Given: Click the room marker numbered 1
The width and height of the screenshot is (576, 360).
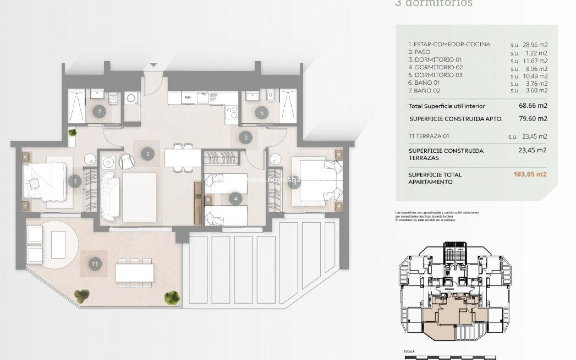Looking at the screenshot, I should tap(148, 154).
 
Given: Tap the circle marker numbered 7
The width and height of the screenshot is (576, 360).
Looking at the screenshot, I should tap(99, 112).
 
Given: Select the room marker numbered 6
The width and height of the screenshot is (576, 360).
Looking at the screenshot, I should tap(262, 113).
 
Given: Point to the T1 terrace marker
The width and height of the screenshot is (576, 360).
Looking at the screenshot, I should tap(95, 264).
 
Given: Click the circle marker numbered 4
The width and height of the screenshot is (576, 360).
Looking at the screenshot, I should tap(236, 198).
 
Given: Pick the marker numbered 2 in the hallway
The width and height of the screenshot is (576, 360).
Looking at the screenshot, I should tap(246, 138).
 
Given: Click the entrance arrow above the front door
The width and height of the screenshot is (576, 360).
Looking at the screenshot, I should tap(154, 65).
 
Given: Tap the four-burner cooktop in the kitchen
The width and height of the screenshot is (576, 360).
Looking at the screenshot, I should tap(232, 112).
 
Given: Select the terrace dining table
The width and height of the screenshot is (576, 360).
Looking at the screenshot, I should tap(134, 272).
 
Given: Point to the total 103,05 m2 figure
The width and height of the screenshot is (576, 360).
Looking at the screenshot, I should tap(530, 174).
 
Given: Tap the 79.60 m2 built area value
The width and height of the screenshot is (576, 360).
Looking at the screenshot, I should tap(533, 118).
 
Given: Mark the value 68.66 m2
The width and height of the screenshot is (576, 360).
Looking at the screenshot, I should tap(533, 106).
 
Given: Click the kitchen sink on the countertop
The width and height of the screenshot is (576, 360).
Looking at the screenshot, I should tap(204, 97).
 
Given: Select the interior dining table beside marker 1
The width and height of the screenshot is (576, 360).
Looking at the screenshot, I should tap(183, 158).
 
